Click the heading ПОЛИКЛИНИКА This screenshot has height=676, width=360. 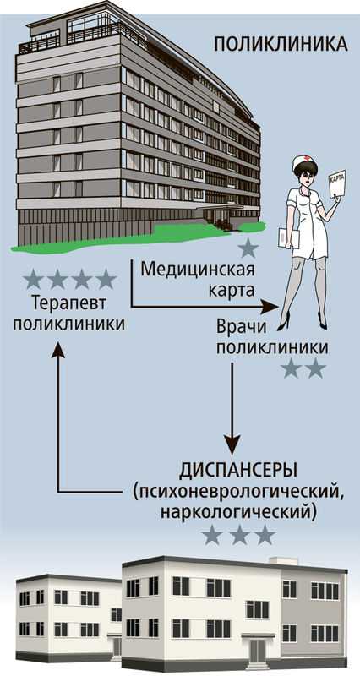281,45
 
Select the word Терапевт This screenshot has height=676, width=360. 69,303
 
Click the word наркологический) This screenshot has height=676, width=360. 238,513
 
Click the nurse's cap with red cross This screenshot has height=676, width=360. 304,162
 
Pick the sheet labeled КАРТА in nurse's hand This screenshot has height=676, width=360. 337,183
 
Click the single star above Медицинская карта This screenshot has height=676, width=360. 248,248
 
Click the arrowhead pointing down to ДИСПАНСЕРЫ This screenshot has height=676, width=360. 232,445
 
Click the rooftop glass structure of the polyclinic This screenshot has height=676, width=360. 93,25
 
